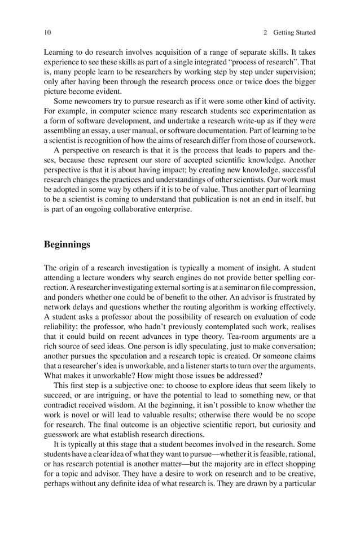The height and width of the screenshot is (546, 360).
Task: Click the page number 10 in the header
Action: point(47,32)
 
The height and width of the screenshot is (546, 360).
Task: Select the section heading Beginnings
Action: point(67,244)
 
